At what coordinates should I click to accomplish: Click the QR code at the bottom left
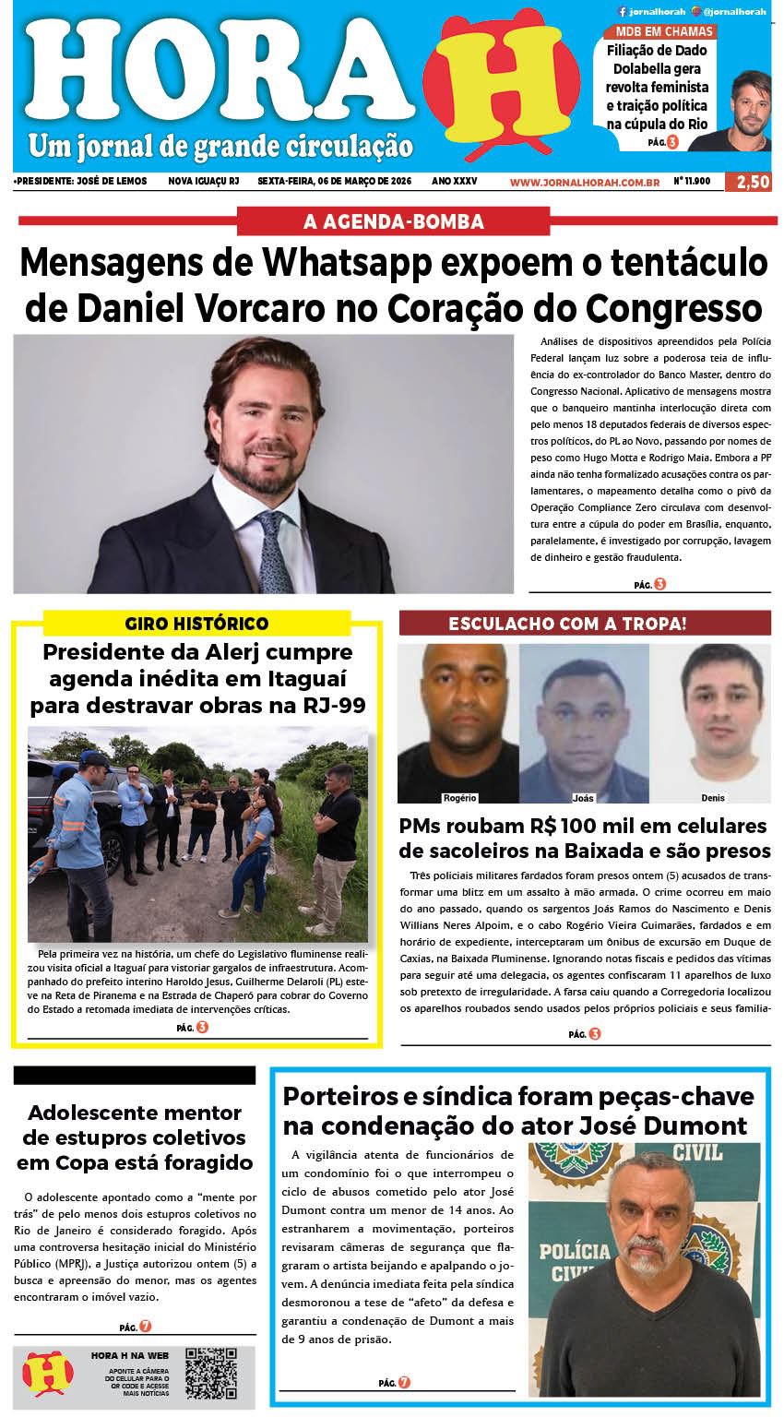(x=211, y=1373)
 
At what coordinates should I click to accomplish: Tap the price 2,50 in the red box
(x=748, y=182)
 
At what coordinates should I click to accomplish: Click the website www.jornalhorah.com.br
(x=584, y=182)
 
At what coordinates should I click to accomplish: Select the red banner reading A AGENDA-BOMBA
(x=394, y=221)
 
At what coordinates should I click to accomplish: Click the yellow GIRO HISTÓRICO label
(x=196, y=623)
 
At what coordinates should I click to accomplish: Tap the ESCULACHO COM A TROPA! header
(x=585, y=623)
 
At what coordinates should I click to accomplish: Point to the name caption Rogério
(x=458, y=797)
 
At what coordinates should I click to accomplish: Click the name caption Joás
(x=583, y=797)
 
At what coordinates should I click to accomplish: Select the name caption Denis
(x=712, y=797)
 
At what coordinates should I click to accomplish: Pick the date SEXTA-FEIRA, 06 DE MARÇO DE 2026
(x=334, y=182)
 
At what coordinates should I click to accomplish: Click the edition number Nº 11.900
(x=692, y=182)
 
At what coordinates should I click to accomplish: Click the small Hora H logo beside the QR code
(x=48, y=1374)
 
